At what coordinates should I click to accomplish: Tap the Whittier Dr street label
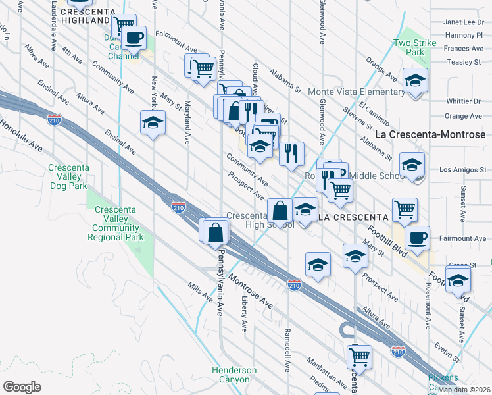(x=463, y=101)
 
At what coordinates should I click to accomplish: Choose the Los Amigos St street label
(x=460, y=169)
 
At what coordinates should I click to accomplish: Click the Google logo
(x=22, y=386)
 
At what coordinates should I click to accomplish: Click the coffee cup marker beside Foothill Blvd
(x=416, y=236)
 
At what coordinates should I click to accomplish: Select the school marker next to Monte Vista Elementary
(x=414, y=81)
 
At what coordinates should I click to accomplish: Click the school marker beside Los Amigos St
(x=412, y=165)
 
